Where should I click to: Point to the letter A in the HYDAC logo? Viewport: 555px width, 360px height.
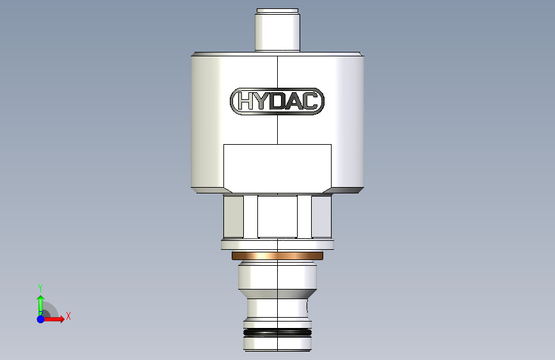click(293, 101)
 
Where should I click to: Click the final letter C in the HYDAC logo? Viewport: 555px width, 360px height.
click(309, 101)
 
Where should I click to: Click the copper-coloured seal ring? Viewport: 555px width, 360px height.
click(278, 256)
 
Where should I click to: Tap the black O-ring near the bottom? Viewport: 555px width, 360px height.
click(278, 332)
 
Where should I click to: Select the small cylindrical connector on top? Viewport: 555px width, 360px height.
click(278, 29)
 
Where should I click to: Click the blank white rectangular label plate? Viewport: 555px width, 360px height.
click(278, 168)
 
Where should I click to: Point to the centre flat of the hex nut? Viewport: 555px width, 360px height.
click(278, 216)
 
